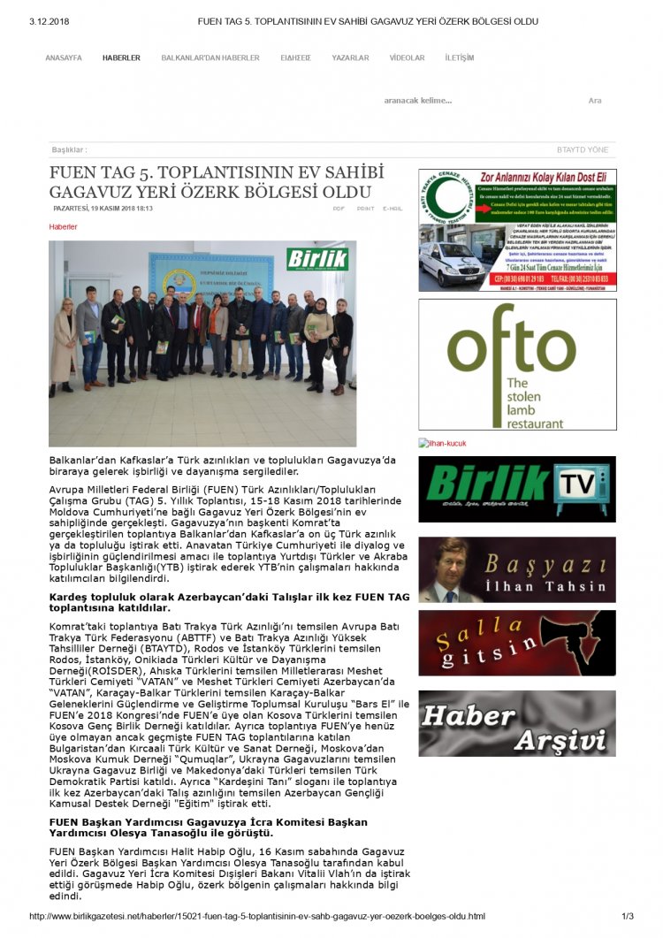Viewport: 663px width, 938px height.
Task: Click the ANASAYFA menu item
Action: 64,58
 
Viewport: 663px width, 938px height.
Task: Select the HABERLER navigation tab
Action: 121,58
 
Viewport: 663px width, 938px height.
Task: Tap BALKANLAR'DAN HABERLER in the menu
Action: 210,58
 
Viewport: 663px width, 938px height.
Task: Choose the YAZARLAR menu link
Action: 350,58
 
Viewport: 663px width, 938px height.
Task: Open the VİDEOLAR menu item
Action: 407,58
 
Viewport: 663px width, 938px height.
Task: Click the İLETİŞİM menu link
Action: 460,58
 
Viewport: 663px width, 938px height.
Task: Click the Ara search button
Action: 595,101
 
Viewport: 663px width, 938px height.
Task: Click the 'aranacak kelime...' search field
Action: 418,101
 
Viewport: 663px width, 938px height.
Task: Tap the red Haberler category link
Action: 63,227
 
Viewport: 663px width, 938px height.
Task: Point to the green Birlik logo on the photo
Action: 316,258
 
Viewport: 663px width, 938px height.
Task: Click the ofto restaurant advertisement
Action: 517,364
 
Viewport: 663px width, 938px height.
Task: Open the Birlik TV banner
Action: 517,490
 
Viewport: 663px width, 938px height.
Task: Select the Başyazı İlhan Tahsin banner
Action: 517,570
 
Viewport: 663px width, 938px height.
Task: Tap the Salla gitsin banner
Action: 517,643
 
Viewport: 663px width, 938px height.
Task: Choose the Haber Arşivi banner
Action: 517,723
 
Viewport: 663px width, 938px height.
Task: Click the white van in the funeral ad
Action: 452,263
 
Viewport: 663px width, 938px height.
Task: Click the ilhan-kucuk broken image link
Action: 446,444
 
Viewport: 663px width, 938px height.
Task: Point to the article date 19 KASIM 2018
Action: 102,209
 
